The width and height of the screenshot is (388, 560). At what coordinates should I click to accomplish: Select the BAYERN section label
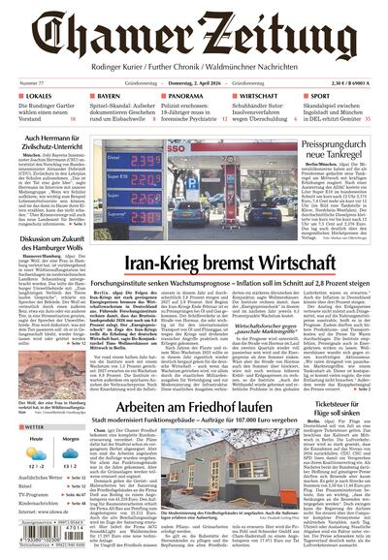point(110,97)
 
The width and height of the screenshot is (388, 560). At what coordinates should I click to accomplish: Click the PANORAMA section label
point(185,97)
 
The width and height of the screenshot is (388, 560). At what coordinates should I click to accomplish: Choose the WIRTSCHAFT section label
point(264,97)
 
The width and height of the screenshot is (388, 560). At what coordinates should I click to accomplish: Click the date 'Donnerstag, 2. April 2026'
point(193,83)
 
